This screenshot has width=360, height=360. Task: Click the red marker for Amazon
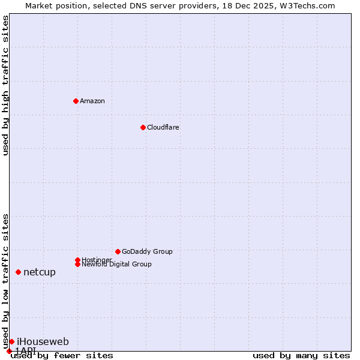pos(76,101)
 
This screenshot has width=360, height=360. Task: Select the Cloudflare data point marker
pos(143,127)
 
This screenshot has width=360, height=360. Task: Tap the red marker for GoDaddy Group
pos(118,251)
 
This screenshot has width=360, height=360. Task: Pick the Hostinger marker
pos(77,260)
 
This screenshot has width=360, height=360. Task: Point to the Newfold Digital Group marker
pos(77,264)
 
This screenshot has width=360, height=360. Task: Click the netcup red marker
pos(18,272)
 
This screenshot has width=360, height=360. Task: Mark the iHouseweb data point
pos(11,341)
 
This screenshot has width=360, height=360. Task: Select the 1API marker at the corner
pos(9,351)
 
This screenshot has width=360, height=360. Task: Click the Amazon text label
pos(92,101)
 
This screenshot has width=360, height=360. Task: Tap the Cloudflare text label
pos(163,127)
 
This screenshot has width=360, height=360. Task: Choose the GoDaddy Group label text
pos(147,251)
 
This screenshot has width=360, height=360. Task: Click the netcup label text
pos(40,272)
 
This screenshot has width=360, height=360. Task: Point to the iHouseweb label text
pos(43,341)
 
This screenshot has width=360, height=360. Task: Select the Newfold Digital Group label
pos(116,264)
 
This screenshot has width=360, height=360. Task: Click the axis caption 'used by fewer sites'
pos(62,356)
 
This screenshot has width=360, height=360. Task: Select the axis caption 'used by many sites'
pos(301,356)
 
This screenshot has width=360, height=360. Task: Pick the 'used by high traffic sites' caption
pos(5,85)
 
